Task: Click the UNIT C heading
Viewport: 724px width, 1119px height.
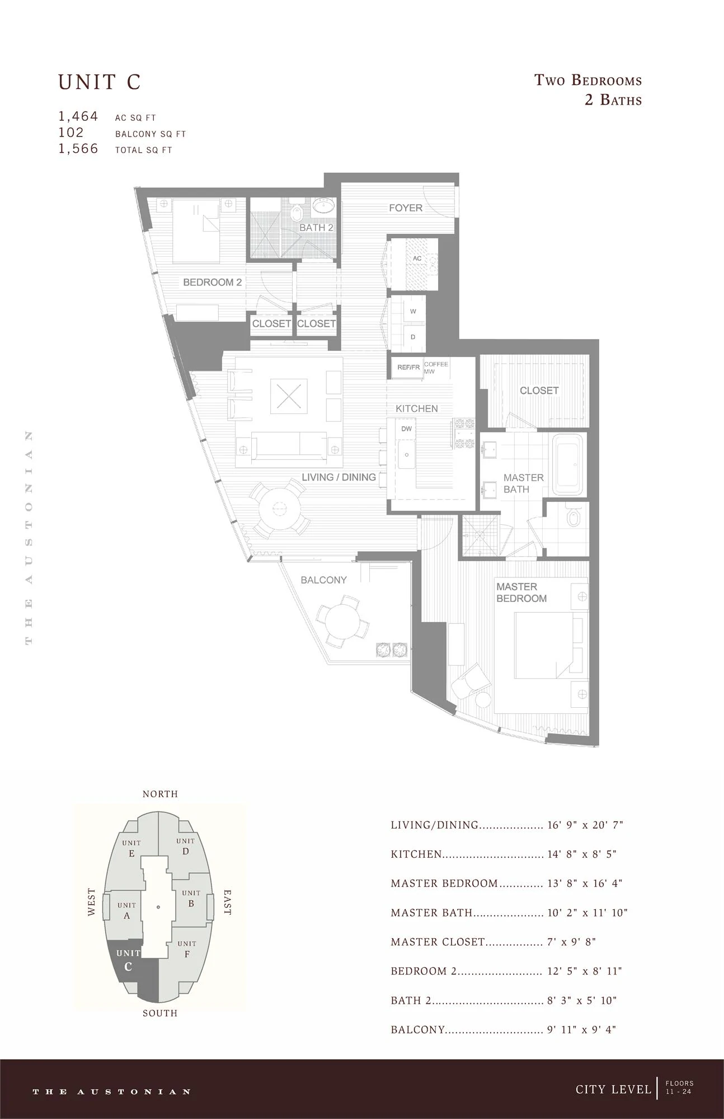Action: [100, 82]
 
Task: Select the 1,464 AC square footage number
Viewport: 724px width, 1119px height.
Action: [78, 116]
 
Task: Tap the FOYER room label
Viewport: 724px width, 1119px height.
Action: [406, 208]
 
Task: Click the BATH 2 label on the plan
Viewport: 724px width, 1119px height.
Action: [316, 228]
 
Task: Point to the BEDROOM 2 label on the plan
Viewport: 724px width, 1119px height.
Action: [213, 283]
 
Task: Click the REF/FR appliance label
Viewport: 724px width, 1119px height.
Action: [408, 368]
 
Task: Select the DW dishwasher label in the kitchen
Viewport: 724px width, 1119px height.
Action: [407, 429]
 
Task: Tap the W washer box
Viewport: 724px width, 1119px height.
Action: [413, 311]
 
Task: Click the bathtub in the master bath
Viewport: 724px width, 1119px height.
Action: [568, 463]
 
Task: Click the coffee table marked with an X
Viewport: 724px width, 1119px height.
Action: [289, 396]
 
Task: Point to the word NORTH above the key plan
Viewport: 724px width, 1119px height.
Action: [160, 794]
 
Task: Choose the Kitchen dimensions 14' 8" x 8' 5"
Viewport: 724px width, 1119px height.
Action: [582, 854]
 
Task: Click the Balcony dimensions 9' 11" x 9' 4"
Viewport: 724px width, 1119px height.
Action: [581, 1029]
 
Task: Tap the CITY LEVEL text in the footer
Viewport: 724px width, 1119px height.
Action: [613, 1089]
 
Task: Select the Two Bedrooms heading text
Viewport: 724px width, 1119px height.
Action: [588, 80]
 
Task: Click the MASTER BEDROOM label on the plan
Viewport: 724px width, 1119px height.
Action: [521, 593]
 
